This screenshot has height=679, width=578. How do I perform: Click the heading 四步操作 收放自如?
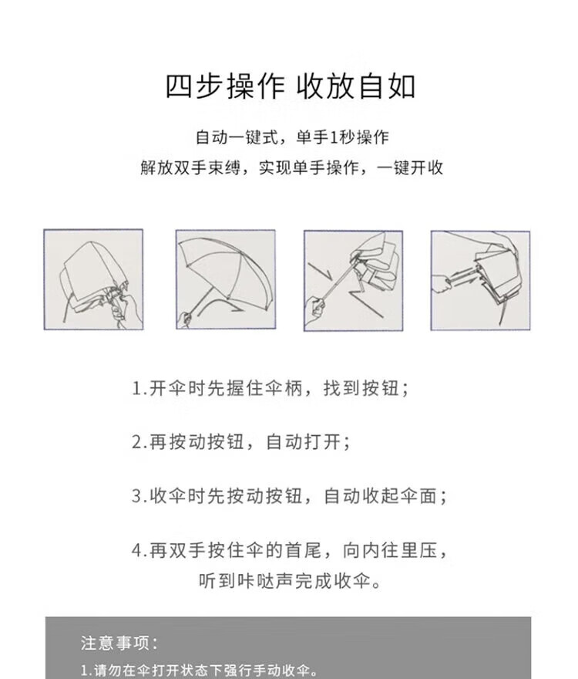[x=291, y=86]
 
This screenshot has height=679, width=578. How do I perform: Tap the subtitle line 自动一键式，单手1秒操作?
[x=292, y=137]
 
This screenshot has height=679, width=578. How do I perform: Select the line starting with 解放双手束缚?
[x=291, y=167]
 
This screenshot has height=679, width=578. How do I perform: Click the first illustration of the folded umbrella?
[x=93, y=280]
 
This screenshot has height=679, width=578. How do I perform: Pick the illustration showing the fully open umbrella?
[x=225, y=280]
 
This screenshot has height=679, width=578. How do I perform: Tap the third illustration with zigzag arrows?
[x=353, y=281]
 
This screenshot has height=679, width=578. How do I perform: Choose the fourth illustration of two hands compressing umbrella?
[x=480, y=281]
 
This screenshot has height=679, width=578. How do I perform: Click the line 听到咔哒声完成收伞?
[x=290, y=581]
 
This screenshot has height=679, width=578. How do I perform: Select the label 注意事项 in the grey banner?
[x=119, y=643]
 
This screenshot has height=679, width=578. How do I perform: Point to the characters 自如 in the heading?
[x=387, y=86]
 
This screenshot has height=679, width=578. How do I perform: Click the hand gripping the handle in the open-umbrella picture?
[x=186, y=318]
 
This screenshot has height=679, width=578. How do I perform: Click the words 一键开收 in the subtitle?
[x=410, y=167]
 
